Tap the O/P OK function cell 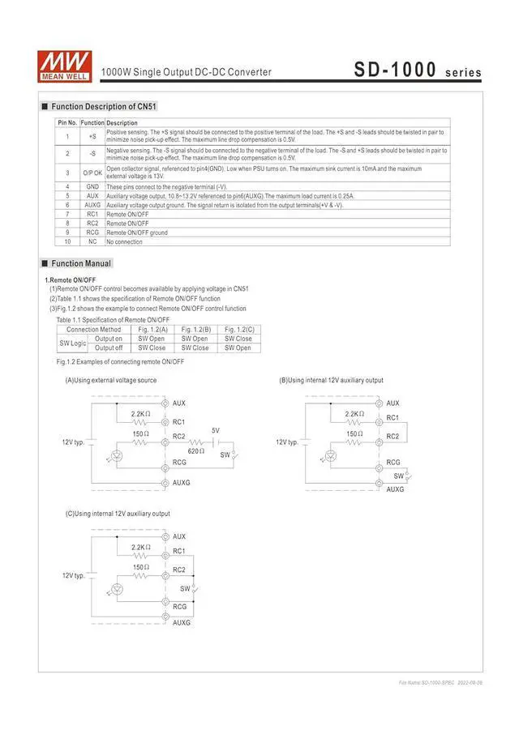coord(92,173)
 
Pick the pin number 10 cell coord(68,242)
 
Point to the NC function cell coord(92,242)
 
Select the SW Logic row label coord(73,343)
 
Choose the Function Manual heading coord(81,263)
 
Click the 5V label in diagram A coord(215,430)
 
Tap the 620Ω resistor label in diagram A coord(196,450)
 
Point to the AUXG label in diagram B coord(395,489)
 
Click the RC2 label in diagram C coord(179,570)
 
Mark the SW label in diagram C coord(185,588)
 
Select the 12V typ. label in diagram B coord(287,442)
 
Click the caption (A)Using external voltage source coord(111,380)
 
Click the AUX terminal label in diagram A coord(179,403)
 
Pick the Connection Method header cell coord(94,329)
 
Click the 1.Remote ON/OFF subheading coord(71,280)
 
